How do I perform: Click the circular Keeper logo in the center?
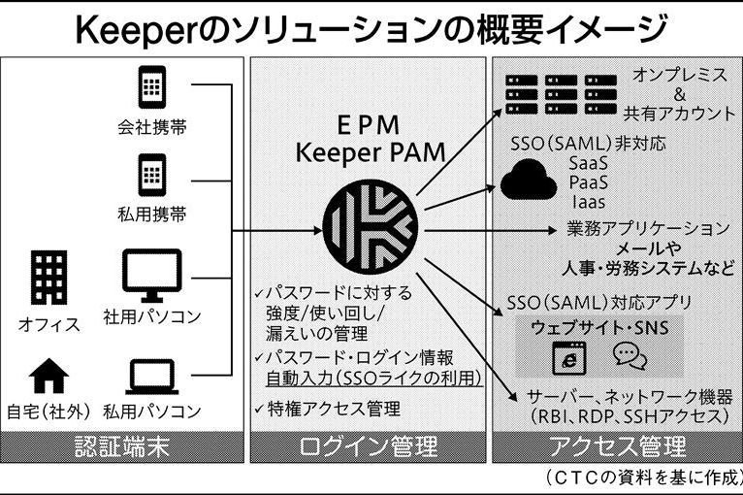click(x=372, y=229)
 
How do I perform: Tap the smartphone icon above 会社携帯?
click(x=148, y=87)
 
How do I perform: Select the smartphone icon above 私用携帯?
click(x=148, y=175)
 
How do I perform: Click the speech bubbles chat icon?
click(x=630, y=357)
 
